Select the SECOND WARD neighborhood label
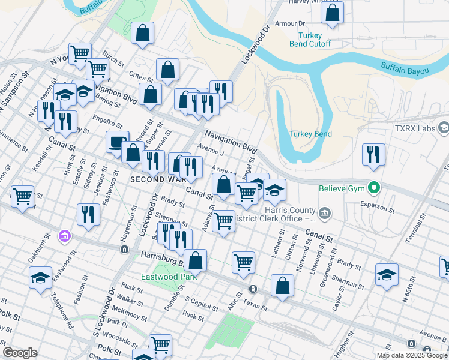click(x=153, y=179)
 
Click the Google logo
click(x=20, y=353)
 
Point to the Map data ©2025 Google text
click(x=412, y=355)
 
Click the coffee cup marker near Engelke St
click(x=117, y=143)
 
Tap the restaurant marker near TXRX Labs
click(x=373, y=155)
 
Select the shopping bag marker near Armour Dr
click(x=332, y=13)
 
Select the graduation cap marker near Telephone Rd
click(x=40, y=278)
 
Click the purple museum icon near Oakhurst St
click(x=64, y=237)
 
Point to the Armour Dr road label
click(x=289, y=23)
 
